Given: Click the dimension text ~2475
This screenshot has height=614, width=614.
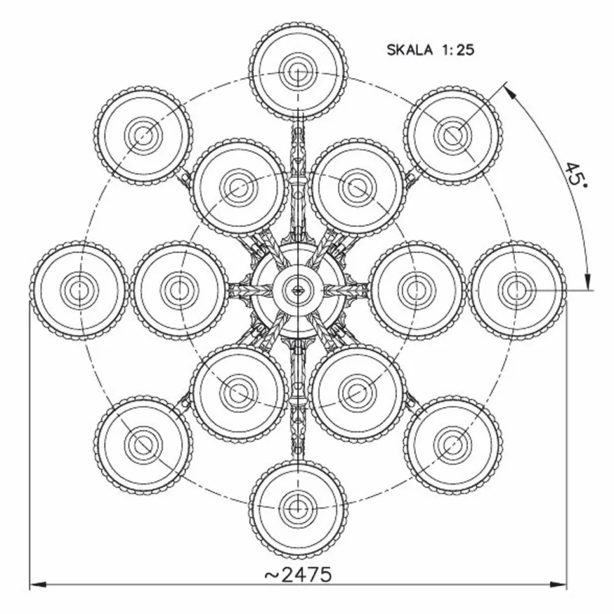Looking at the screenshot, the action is click(298, 575).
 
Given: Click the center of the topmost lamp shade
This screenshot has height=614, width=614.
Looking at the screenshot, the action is click(298, 72).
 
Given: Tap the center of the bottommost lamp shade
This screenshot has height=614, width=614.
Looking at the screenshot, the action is click(298, 509).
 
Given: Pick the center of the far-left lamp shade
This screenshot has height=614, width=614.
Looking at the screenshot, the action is click(80, 290).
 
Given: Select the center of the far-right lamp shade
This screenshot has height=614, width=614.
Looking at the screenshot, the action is click(517, 290).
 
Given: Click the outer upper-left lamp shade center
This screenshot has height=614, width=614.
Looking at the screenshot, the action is click(143, 135).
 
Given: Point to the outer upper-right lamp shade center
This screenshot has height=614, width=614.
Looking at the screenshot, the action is click(453, 135).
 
